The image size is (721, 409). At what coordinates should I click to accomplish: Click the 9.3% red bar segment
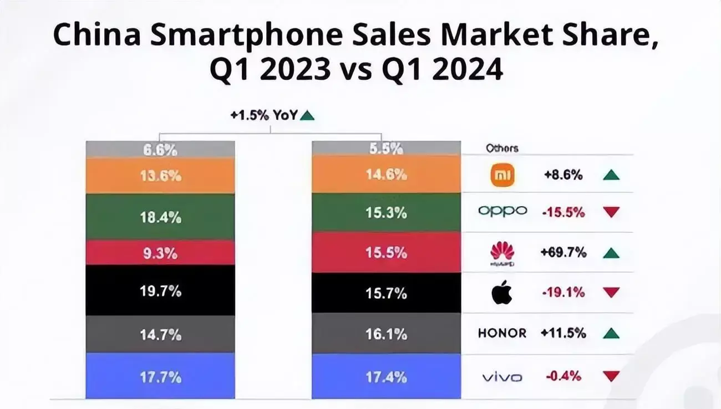click(x=160, y=253)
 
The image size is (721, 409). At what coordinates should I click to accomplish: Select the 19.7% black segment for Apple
click(x=160, y=290)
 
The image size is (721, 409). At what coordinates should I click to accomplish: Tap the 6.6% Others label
click(x=160, y=149)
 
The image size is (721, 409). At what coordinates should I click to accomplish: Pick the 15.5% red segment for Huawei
click(x=386, y=253)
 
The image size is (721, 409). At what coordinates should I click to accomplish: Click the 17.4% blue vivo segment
click(x=386, y=377)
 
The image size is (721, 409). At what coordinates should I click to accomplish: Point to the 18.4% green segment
click(x=160, y=217)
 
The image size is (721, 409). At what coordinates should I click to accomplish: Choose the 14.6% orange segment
click(x=386, y=175)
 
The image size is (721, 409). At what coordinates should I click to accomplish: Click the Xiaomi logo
click(x=502, y=176)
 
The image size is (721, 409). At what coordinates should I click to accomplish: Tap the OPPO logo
click(x=502, y=212)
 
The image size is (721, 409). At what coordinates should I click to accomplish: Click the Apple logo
click(x=502, y=293)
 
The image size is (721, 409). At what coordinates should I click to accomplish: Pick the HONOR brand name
click(x=502, y=333)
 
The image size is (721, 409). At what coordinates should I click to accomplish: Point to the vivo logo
click(x=502, y=377)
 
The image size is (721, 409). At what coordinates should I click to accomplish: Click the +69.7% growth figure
click(x=563, y=253)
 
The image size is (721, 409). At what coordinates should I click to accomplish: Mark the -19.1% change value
click(x=563, y=293)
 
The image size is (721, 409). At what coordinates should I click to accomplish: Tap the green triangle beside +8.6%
click(x=611, y=175)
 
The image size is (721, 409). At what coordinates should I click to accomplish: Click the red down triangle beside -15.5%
click(x=611, y=212)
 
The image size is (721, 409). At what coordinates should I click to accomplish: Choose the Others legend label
click(x=502, y=149)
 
